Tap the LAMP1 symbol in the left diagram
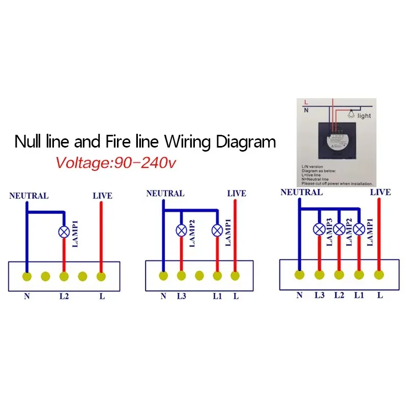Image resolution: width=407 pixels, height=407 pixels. (x=64, y=231)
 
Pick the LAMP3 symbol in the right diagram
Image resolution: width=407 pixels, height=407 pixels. (x=319, y=229)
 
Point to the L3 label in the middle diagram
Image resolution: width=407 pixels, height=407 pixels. (x=181, y=296)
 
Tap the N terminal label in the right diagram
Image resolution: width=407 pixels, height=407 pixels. (x=300, y=295)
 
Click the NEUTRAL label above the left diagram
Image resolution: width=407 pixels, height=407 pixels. (x=28, y=196)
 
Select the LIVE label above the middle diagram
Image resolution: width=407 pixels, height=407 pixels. (x=237, y=193)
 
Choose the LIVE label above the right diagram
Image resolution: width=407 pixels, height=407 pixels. (x=380, y=192)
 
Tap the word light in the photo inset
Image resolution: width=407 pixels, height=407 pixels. (x=364, y=116)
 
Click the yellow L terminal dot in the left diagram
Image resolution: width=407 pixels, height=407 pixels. (x=101, y=276)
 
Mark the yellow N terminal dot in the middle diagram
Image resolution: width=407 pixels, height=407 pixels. (x=163, y=276)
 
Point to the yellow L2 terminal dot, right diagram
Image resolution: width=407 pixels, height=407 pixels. (x=339, y=275)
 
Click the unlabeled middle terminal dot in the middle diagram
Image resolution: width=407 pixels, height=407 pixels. (x=199, y=276)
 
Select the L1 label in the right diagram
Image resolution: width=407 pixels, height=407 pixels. (x=359, y=295)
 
